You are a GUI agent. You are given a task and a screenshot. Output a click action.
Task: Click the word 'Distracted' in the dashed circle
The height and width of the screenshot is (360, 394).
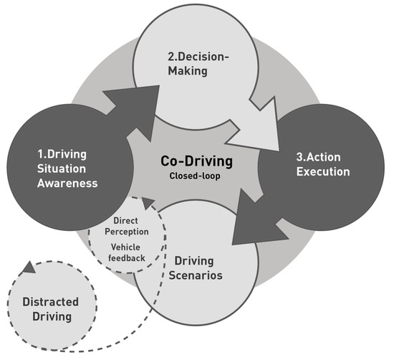point(50,302)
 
